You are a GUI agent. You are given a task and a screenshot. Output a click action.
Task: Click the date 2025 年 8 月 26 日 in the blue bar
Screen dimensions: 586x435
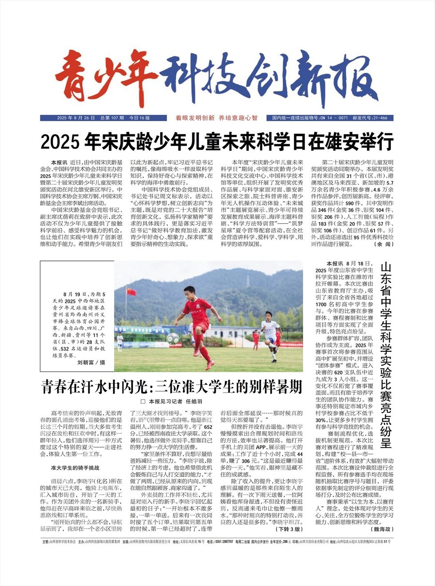[76, 118]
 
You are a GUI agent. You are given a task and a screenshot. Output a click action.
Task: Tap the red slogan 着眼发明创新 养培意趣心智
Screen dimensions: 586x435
[216, 118]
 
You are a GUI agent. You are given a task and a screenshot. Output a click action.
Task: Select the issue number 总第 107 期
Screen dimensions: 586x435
[112, 118]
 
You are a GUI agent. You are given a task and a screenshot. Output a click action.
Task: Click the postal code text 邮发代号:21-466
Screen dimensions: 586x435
[370, 118]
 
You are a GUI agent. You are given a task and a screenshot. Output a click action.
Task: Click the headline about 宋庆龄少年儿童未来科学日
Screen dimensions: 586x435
[217, 142]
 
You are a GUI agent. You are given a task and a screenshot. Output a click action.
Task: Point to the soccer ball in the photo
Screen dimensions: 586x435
[173, 339]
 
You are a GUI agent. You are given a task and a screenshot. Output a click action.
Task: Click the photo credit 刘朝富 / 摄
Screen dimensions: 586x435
[91, 362]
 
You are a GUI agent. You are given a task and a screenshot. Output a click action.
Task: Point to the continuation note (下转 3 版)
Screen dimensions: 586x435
[289, 529]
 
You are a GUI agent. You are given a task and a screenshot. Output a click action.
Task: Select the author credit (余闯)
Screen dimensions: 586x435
[383, 244]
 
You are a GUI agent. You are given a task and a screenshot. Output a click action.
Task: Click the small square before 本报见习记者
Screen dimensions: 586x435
[143, 401]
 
